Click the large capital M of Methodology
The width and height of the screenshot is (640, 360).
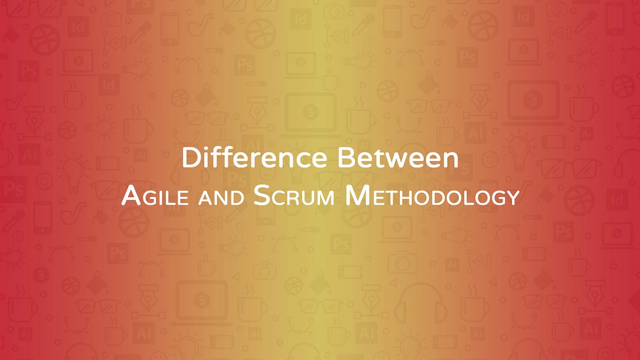point(356,196)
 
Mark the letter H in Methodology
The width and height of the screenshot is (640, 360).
point(408,198)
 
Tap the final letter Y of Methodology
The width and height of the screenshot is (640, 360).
point(513,198)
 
